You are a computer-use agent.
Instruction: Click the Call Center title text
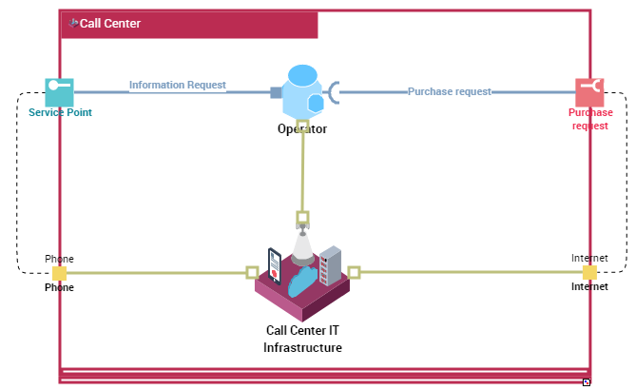pos(109,24)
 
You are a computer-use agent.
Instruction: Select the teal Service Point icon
pos(59,92)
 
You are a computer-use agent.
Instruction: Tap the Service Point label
pos(60,112)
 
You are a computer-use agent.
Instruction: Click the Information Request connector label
pos(178,85)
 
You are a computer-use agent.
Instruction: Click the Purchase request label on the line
pos(449,91)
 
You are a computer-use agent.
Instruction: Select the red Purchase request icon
pos(589,92)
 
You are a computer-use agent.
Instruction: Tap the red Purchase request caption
pos(590,119)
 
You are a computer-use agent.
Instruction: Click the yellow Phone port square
pos(59,273)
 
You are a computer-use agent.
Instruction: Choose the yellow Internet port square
pos(589,273)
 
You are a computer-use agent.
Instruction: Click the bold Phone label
pos(59,287)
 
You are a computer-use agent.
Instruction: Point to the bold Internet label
pos(589,286)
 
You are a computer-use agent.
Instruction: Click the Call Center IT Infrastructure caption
pos(302,340)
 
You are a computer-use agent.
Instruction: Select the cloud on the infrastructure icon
pos(304,283)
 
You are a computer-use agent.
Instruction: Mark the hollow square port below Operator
pos(302,125)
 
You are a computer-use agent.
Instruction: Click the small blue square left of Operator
pos(276,92)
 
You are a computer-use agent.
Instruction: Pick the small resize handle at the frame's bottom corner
pos(587,381)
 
